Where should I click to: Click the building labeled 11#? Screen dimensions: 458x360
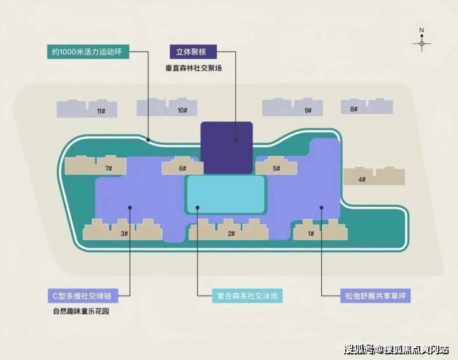87,109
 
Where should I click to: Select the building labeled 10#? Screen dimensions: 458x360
166,108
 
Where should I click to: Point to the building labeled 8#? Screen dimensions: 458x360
367,106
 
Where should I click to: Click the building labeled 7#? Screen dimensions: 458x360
95,165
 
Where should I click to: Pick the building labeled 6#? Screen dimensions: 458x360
183,166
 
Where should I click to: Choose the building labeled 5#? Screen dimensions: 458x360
276,166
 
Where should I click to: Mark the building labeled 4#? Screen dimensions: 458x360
374,176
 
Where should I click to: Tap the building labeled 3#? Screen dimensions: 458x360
123,229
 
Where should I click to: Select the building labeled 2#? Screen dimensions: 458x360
229,229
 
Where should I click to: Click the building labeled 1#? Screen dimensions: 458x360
321,229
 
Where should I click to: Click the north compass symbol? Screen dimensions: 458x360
421,41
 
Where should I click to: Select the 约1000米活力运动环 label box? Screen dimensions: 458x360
89,52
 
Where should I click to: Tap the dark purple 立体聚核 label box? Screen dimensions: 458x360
193,52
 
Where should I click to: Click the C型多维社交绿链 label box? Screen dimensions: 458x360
83,296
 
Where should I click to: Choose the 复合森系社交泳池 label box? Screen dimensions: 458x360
247,296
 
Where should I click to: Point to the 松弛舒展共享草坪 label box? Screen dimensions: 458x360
375,296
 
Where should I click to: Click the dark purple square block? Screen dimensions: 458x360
227,148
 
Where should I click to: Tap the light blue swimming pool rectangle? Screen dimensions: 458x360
225,194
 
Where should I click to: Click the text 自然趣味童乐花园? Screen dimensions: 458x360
81,311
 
